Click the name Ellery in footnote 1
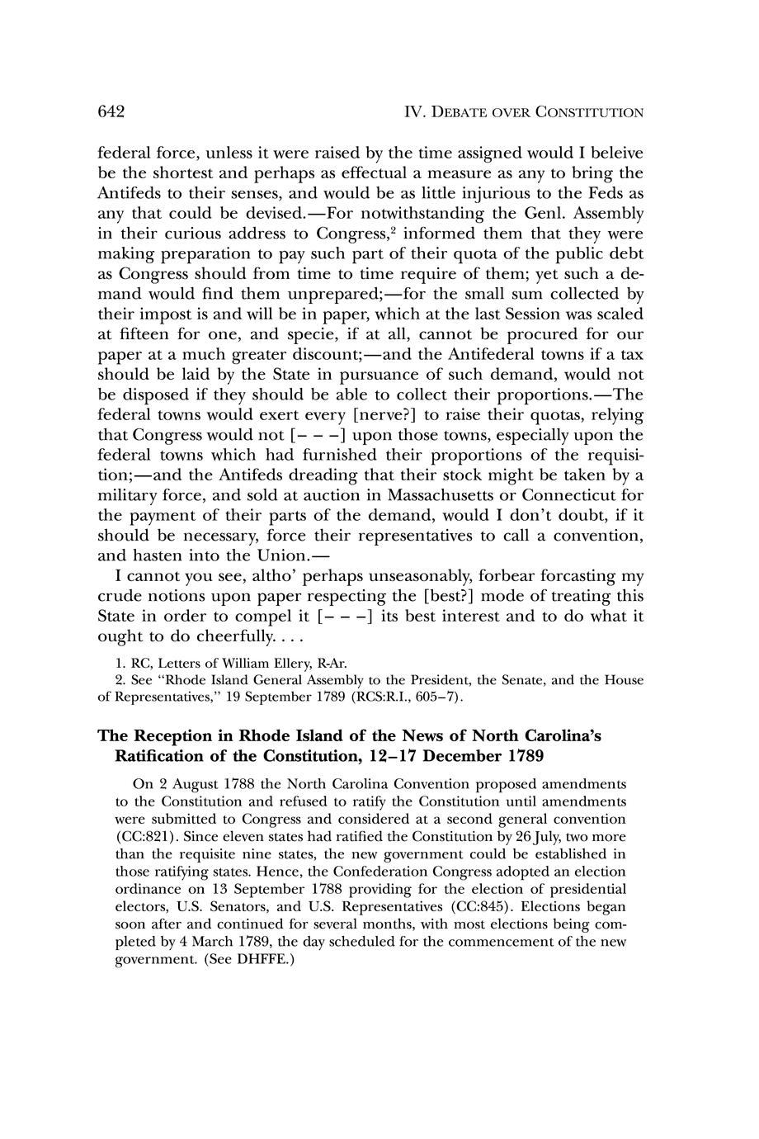pyautogui.click(x=280, y=662)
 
